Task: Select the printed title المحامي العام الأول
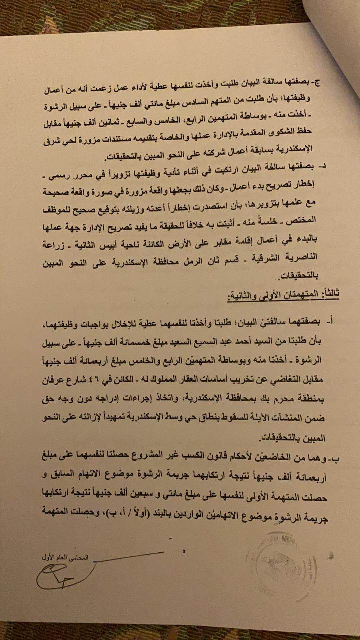click(65, 557)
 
